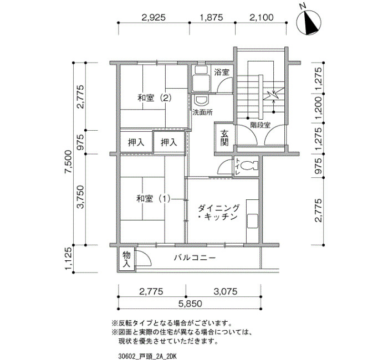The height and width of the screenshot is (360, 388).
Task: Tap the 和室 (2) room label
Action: click(155, 98)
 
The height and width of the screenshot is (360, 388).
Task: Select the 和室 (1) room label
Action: click(154, 198)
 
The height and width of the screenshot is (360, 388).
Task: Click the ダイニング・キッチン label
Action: click(218, 212)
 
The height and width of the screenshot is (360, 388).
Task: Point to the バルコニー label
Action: click(195, 258)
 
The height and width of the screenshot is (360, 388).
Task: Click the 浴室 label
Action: click(222, 72)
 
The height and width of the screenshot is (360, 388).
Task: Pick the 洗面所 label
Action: click(202, 112)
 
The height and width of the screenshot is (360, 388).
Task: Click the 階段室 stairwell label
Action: click(261, 125)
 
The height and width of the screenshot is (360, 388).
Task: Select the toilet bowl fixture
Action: click(249, 166)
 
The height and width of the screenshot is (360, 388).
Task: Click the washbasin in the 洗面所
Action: click(202, 101)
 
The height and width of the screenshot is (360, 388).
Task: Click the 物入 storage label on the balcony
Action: click(126, 259)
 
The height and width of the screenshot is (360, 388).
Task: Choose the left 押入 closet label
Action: click(136, 143)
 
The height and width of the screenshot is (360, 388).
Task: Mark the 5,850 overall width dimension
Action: click(190, 304)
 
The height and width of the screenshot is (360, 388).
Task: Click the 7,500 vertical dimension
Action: click(68, 162)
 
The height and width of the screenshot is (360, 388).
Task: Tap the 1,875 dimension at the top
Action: click(211, 17)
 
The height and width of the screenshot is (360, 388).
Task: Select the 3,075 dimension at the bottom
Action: click(226, 291)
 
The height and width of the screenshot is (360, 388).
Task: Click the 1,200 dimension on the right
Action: click(319, 107)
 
